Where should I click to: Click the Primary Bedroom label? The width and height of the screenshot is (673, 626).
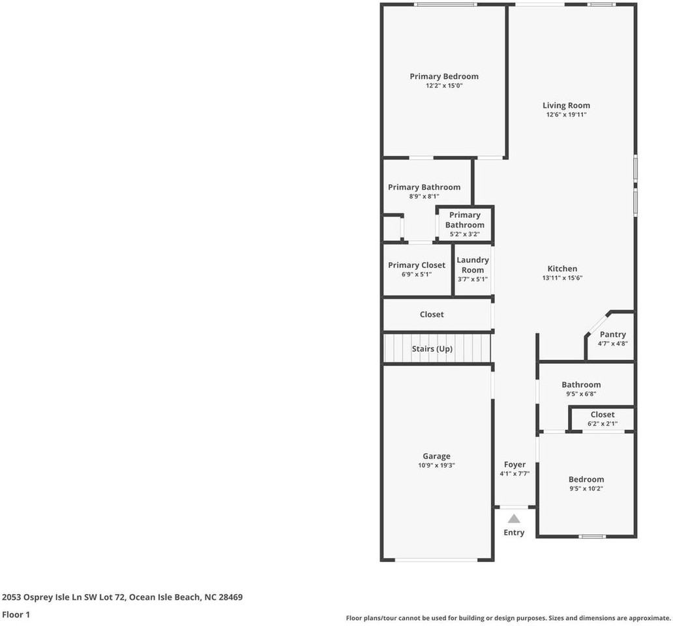443,76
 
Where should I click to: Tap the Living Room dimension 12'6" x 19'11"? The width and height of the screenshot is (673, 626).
566,115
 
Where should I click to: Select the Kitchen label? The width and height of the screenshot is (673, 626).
561,269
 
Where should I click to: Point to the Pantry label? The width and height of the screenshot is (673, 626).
612,335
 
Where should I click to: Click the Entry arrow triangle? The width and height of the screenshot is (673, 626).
514,519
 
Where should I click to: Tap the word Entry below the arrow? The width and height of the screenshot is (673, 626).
514,533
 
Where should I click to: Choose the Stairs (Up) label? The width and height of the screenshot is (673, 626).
432,349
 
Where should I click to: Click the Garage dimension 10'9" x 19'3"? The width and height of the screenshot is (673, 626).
436,466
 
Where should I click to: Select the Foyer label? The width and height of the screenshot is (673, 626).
515,465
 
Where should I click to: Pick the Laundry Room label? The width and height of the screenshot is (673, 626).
473,265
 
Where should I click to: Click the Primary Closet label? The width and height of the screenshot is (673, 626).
417,265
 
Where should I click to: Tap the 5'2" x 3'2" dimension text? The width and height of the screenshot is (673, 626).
465,234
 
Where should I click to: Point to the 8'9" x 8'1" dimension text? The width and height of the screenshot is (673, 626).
424,196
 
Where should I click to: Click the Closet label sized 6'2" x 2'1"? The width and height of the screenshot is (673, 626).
602,415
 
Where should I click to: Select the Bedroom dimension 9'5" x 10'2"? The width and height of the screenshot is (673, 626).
586,488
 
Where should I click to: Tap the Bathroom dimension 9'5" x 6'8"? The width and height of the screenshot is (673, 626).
580,394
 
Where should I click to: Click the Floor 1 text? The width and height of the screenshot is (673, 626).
16,614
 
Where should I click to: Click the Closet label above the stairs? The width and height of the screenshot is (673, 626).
432,314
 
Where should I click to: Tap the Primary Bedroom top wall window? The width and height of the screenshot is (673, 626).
446,5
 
